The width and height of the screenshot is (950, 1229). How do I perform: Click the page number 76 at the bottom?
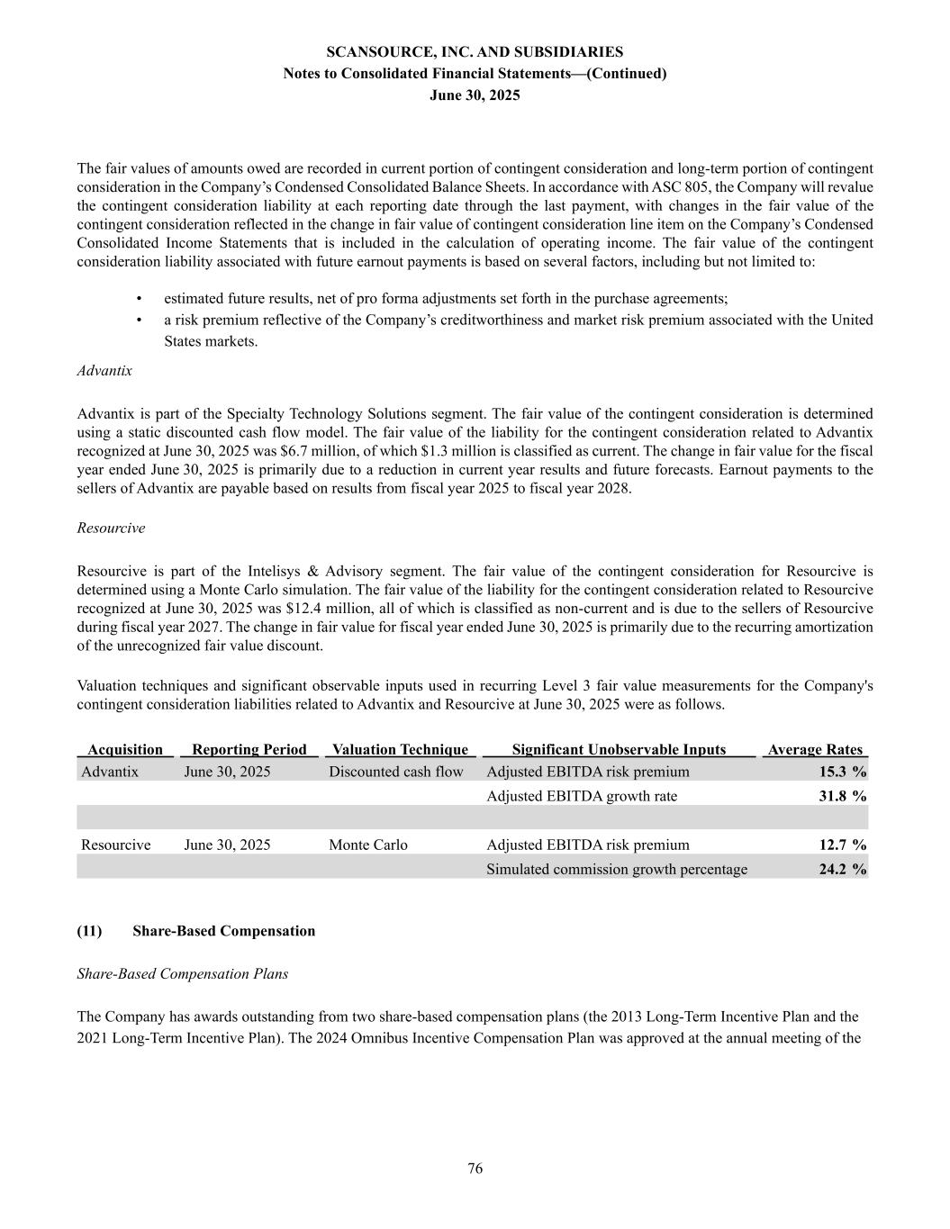click(475, 1169)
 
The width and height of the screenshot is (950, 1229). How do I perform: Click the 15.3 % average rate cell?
click(842, 772)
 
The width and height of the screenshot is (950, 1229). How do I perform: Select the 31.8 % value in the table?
click(842, 796)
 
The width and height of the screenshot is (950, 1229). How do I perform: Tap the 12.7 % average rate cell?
click(842, 845)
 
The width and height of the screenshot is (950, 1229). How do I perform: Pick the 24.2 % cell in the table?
click(842, 869)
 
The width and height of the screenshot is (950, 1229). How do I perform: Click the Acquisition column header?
click(125, 749)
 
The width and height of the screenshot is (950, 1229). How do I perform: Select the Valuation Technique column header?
click(400, 749)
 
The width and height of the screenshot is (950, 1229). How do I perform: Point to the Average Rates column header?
click(814, 749)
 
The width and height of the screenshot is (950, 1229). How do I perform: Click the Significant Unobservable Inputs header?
click(619, 749)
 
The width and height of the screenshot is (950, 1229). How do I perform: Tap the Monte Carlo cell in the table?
click(367, 845)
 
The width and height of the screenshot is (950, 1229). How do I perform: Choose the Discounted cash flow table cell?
click(396, 772)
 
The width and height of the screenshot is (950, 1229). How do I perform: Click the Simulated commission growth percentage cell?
click(617, 869)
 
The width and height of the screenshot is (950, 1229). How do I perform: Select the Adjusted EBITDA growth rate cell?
click(582, 796)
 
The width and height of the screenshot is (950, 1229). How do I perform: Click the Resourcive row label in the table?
click(116, 845)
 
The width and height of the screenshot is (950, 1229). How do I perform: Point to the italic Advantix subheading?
click(104, 370)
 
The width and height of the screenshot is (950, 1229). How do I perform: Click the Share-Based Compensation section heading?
click(223, 931)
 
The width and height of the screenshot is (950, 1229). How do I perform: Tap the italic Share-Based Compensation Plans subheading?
click(182, 974)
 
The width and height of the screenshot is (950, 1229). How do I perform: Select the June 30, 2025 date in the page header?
click(475, 95)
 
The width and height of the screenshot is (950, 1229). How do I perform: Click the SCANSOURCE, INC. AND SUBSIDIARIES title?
click(475, 52)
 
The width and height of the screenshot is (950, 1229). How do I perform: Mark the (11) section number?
click(89, 931)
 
